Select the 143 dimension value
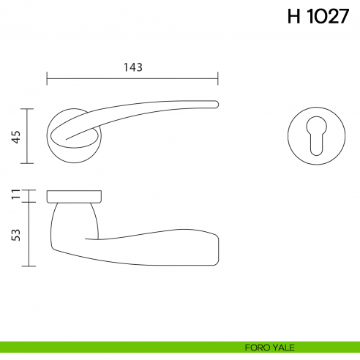132,67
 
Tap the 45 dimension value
15,136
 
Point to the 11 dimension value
15,195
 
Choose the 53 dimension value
15,234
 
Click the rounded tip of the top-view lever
216,104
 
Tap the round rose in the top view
73,146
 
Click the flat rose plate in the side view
73,196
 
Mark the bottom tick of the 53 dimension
28,266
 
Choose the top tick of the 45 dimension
28,109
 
